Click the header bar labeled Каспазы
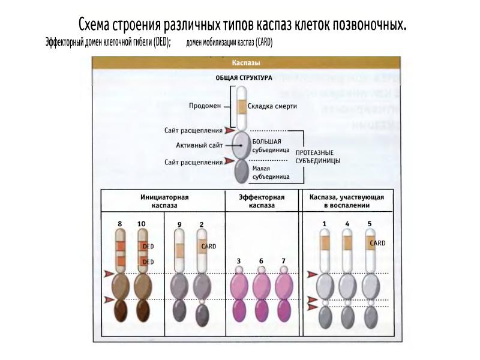[245, 62]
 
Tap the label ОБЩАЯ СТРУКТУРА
[244, 78]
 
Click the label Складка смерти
[272, 106]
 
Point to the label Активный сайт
[199, 145]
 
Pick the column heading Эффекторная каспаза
[262, 201]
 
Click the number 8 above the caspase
[120, 224]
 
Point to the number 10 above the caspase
[141, 224]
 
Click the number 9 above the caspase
[179, 224]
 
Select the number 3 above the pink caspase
[239, 261]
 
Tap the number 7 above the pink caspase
[284, 261]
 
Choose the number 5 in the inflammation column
[369, 224]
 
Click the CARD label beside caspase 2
[209, 246]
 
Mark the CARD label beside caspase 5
[377, 243]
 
